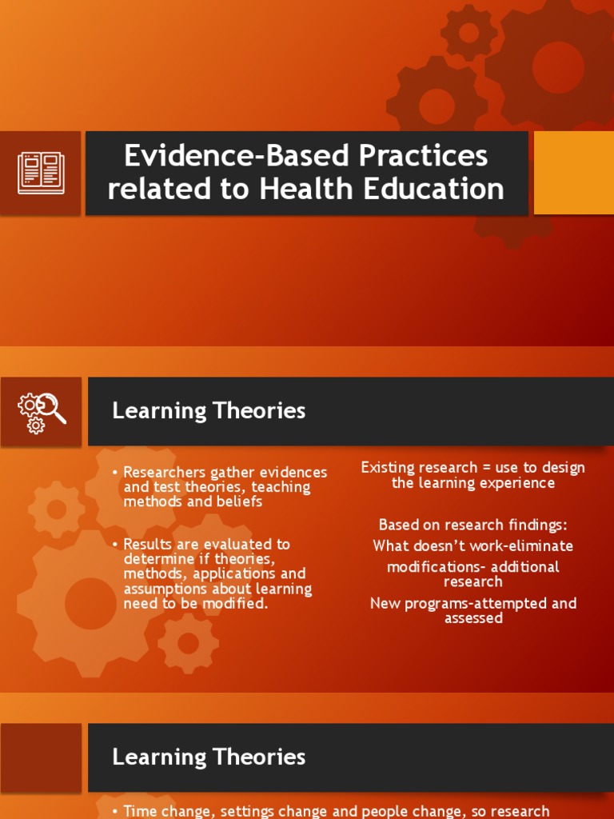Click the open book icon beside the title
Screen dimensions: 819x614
41,173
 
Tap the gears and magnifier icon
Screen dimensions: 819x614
42,411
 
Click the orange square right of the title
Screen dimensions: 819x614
573,173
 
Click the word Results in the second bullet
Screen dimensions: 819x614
146,545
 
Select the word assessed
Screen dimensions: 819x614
473,618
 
